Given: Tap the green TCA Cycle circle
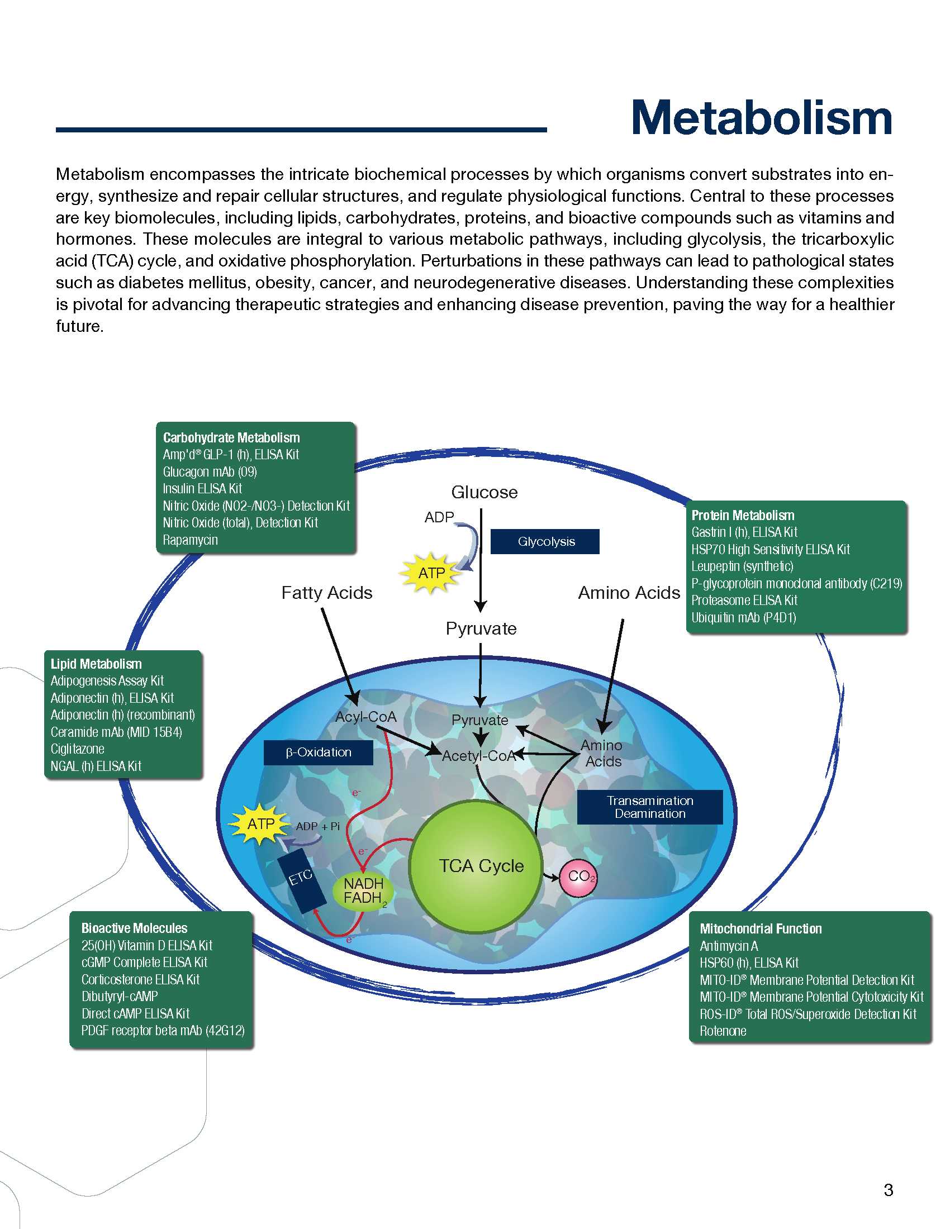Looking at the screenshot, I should [x=476, y=866].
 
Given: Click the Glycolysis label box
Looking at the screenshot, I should [x=545, y=541].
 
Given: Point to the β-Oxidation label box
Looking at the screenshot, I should [x=318, y=752].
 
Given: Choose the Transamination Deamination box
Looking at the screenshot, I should [x=649, y=807].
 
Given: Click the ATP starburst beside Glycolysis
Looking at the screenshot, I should [x=431, y=573].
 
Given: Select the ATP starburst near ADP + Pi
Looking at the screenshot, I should [x=260, y=824].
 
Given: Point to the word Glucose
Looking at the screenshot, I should [x=484, y=492].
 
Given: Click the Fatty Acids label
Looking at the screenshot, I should [x=326, y=593].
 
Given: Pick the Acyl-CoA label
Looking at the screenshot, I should [x=366, y=717].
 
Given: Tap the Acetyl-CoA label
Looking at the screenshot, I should [x=478, y=756].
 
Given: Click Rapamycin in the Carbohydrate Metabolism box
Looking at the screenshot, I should [x=190, y=540].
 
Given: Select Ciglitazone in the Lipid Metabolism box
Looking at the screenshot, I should [x=78, y=749].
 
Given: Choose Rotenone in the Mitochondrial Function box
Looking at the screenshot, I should [x=723, y=1031].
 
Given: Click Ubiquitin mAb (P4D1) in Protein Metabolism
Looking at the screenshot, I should [x=743, y=617].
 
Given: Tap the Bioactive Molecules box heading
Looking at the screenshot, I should [x=134, y=928].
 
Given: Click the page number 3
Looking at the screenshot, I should [x=888, y=1189].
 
